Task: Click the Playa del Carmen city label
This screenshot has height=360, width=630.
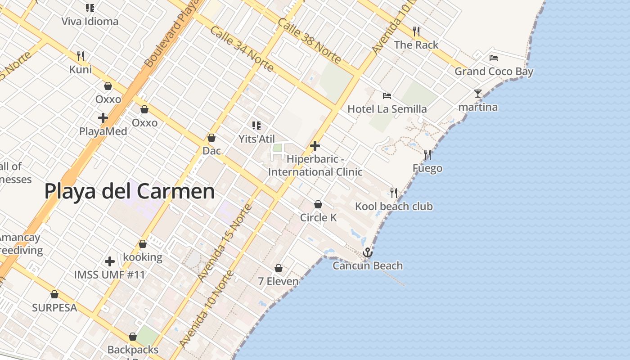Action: [130, 192]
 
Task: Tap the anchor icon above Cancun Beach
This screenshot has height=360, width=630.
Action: [368, 252]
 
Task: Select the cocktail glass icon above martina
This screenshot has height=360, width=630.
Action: [477, 94]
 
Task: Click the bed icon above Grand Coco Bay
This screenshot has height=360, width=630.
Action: [494, 58]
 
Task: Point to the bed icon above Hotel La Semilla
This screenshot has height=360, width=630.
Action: [387, 95]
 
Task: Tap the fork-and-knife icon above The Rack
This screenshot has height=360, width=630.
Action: [416, 31]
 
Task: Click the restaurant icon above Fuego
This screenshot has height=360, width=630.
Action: [427, 155]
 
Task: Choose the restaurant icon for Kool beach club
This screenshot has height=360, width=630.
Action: [394, 193]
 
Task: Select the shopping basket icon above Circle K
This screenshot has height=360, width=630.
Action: [318, 204]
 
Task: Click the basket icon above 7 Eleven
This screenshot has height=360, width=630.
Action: [279, 268]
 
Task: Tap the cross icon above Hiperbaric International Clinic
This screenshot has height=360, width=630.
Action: [315, 146]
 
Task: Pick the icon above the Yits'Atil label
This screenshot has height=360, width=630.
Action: [256, 126]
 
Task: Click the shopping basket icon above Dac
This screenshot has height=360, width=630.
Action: [211, 137]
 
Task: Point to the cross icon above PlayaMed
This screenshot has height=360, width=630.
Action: [103, 118]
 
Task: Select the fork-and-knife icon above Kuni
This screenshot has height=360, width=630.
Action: [81, 56]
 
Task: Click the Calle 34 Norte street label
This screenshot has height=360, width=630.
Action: [242, 49]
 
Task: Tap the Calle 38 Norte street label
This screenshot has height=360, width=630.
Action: [309, 41]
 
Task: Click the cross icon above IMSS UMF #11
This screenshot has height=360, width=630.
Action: [109, 261]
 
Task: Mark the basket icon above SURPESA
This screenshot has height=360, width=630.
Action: [54, 294]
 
